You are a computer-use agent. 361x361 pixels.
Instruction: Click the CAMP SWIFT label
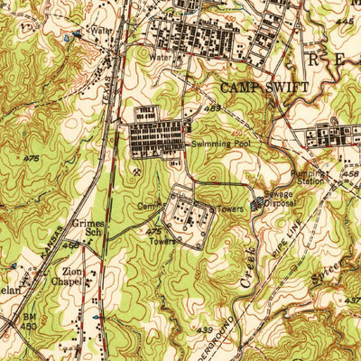(264, 88)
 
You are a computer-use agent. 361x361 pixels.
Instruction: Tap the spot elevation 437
(351, 300)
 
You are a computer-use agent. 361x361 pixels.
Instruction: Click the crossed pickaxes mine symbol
(136, 168)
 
